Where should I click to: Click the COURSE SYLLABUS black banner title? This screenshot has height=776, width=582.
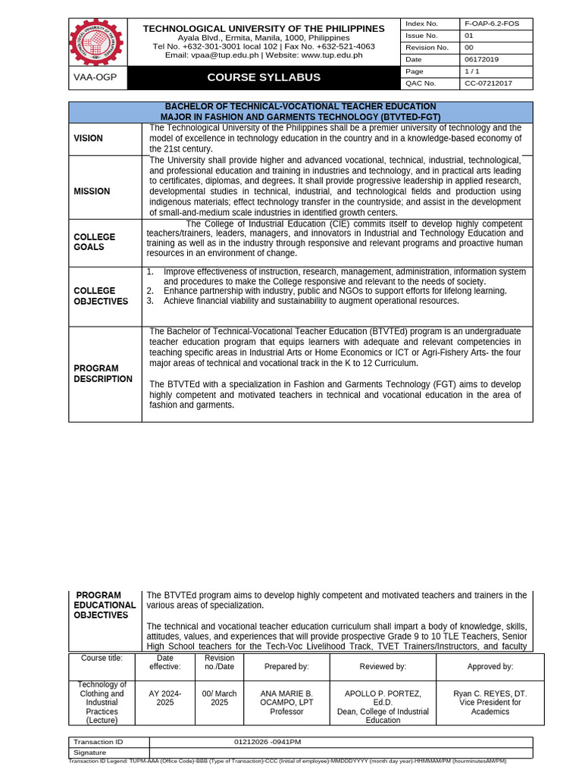[x=264, y=77]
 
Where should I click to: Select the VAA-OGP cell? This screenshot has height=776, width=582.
[x=95, y=77]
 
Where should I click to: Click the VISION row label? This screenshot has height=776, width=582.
[x=89, y=139]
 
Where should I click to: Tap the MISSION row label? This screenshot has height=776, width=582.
[x=92, y=192]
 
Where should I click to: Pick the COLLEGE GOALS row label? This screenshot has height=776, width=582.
[x=95, y=242]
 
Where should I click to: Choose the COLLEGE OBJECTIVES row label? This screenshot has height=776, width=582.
[x=101, y=296]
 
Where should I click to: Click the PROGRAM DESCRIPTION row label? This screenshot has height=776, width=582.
[x=103, y=374]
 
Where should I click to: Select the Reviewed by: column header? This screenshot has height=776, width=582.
[x=383, y=667]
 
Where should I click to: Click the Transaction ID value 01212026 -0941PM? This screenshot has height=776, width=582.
[x=273, y=742]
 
